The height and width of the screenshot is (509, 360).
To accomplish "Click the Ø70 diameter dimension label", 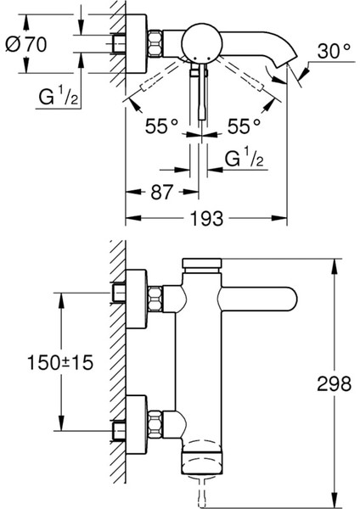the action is click(26, 45).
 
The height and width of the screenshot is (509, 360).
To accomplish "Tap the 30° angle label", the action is click(334, 51).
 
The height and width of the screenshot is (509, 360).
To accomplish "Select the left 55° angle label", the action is click(161, 126).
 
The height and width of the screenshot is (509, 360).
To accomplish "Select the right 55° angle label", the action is click(244, 126).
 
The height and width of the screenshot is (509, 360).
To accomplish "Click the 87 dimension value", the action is click(161, 193).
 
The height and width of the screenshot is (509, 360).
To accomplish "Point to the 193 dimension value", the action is click(206, 218).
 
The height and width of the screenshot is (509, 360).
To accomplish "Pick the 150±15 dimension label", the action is click(60, 362).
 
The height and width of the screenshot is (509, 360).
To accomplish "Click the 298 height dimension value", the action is click(334, 383).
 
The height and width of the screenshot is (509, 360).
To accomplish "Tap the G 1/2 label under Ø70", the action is click(59, 97).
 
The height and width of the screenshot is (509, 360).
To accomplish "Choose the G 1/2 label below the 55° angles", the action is click(245, 158).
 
